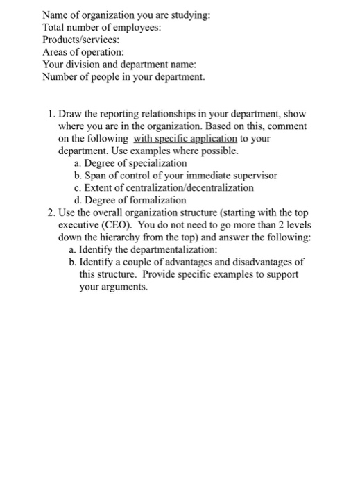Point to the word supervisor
253,176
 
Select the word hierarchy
133,238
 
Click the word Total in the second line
55,27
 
